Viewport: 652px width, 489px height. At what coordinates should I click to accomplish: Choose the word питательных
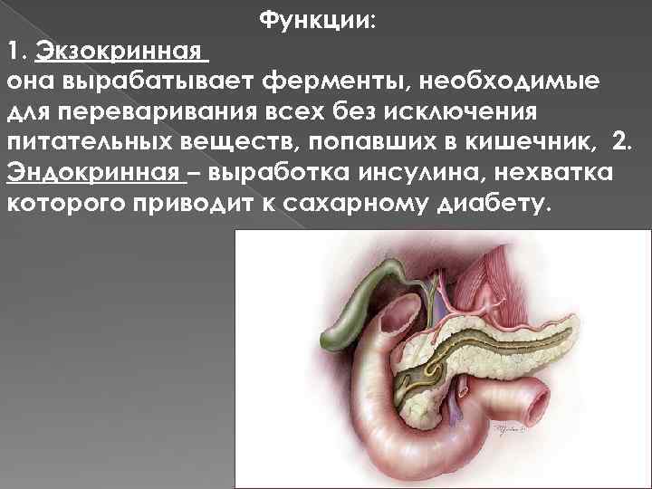85,146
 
